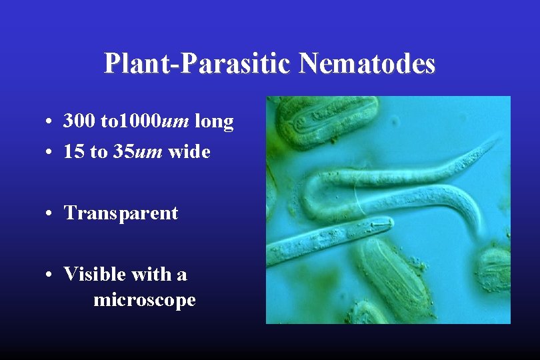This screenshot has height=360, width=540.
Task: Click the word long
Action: pyautogui.click(x=214, y=121)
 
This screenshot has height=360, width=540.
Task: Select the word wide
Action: pyautogui.click(x=189, y=152)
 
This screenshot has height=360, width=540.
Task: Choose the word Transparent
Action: pyautogui.click(x=121, y=213)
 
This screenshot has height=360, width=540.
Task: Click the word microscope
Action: pyautogui.click(x=145, y=300)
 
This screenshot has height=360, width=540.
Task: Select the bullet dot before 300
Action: pyautogui.click(x=50, y=123)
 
